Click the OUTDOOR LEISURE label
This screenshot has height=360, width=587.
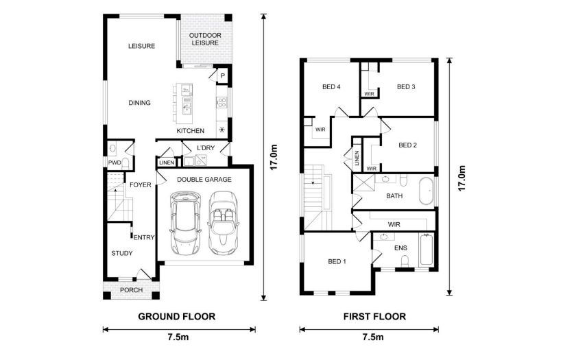204,38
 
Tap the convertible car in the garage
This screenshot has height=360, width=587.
221,223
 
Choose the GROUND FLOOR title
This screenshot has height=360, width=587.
177,316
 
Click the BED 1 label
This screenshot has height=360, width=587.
337,261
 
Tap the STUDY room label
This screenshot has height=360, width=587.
122,253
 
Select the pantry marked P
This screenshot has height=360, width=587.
222,75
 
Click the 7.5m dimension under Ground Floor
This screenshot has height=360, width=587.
178,337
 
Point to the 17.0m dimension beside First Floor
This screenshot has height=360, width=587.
462,177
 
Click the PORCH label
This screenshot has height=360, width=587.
131,290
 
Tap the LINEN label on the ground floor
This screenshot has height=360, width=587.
166,163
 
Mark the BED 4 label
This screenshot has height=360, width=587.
331,86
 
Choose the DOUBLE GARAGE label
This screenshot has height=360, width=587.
204,179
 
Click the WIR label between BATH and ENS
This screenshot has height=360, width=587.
394,224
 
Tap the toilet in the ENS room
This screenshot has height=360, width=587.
405,261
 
